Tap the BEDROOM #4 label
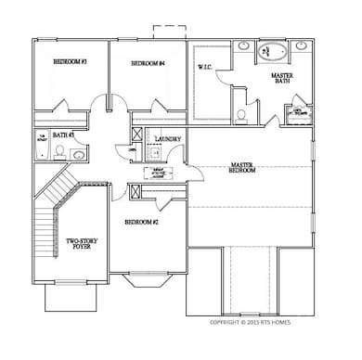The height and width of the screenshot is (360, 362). [148, 63]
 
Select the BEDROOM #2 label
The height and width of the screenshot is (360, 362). [142, 222]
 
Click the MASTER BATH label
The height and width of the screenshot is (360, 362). [283, 80]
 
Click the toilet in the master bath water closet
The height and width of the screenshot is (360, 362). [241, 114]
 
